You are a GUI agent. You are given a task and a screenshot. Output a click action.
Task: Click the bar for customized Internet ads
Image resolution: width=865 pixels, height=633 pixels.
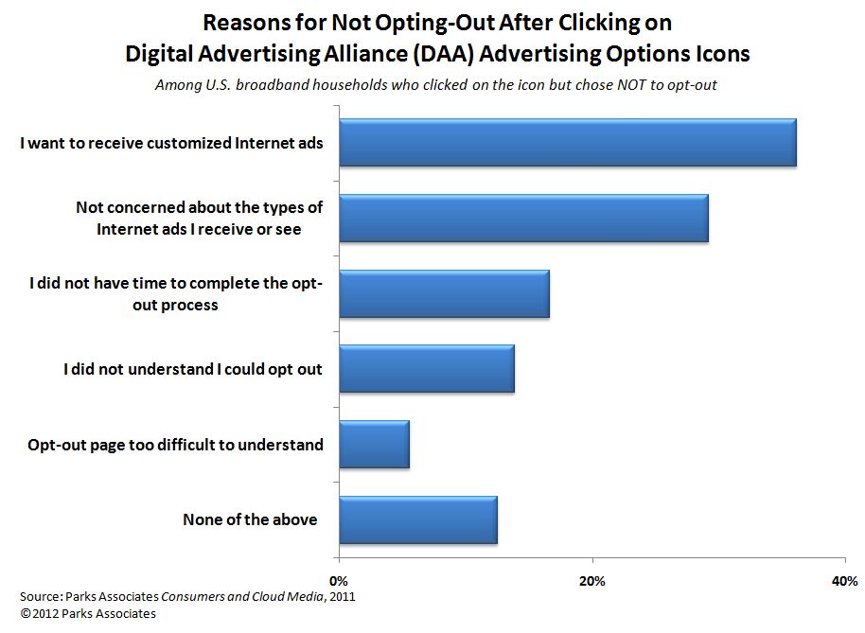tap(566, 143)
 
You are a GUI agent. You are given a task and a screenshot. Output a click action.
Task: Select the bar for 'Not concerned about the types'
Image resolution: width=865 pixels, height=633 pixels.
tap(522, 219)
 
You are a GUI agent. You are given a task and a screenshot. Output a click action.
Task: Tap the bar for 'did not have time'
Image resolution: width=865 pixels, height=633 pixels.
tap(443, 294)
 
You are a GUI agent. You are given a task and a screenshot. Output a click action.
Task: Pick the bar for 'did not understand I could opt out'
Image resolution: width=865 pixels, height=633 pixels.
tap(426, 369)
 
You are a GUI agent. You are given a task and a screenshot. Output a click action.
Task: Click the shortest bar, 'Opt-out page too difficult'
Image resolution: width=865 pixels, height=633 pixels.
tap(373, 445)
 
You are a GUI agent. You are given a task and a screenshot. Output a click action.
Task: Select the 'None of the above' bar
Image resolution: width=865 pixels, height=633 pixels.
tap(416, 519)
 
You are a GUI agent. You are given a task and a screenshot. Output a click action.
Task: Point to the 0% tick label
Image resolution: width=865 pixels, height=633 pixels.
tap(338, 580)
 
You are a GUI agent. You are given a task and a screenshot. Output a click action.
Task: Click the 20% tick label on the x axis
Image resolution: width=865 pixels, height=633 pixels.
tap(592, 580)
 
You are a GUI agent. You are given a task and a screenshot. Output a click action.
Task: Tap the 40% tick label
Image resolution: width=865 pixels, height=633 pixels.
tap(844, 580)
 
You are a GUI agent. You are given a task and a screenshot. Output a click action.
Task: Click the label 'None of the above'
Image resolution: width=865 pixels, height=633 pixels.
tap(250, 519)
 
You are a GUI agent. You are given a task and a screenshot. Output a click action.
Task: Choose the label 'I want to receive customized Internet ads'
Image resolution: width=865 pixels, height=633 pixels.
tap(172, 143)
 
